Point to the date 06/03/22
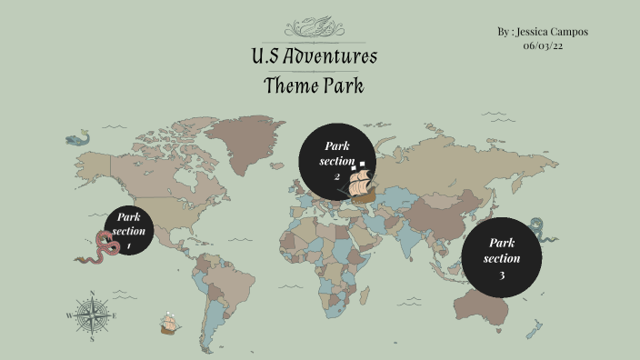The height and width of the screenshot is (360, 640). click(543, 45)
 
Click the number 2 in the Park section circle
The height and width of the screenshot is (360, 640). click(336, 176)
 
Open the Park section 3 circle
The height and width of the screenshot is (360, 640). click(502, 258)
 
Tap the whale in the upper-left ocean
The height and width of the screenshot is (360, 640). click(78, 139)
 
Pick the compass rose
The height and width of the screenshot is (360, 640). click(90, 315)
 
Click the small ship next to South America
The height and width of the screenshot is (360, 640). click(169, 323)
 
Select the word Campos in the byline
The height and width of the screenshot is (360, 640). click(571, 32)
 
